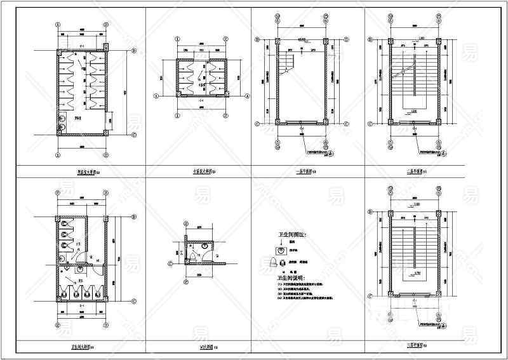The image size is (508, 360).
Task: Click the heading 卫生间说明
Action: click(x=291, y=278)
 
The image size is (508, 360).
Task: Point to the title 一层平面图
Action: click(x=305, y=171)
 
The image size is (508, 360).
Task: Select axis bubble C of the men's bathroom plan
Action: click(x=134, y=135)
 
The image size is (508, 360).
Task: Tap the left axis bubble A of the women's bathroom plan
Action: click(x=156, y=97)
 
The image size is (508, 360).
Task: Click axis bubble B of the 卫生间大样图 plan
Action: click(x=134, y=300)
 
